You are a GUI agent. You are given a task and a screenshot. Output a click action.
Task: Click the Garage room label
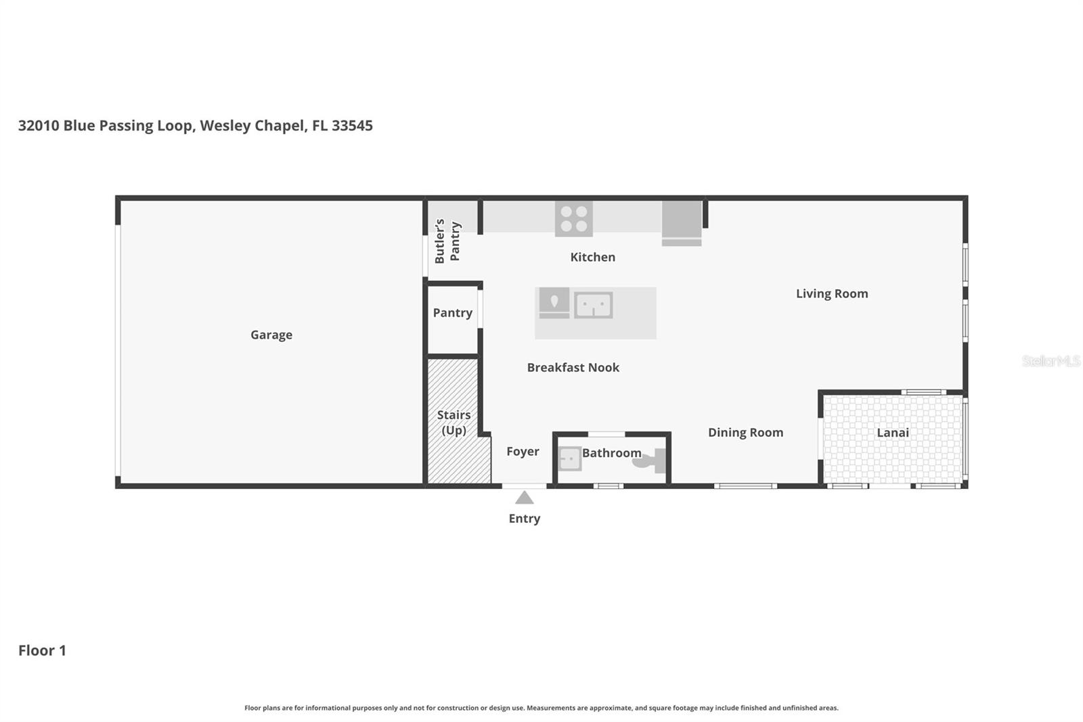tap(271, 335)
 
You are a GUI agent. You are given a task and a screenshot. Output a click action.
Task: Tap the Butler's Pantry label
tap(447, 241)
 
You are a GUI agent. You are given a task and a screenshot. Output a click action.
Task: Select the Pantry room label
tap(452, 313)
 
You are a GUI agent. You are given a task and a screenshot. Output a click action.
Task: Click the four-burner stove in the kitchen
tap(573, 219)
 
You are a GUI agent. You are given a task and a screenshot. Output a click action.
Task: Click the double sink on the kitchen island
tap(593, 305)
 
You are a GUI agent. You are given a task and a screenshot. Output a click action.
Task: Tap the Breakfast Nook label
tap(573, 368)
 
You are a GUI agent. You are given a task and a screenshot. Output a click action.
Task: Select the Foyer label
tap(523, 452)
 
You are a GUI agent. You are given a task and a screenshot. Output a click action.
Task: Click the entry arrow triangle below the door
tap(525, 498)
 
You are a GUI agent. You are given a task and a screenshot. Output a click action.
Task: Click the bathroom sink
tap(570, 459)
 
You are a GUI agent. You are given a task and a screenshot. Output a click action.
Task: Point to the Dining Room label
tap(745, 433)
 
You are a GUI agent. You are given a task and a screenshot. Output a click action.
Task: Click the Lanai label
tap(892, 433)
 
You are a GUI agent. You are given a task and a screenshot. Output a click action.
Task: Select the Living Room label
tap(831, 294)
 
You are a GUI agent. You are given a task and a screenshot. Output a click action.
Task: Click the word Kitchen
tap(592, 257)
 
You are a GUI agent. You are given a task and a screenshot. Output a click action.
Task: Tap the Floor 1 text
tap(42, 651)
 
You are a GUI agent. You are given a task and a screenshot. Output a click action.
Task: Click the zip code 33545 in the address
tap(352, 125)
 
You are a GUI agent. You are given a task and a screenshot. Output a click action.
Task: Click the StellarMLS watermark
tap(1051, 361)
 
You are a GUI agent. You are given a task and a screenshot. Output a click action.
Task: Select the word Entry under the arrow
tap(525, 519)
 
